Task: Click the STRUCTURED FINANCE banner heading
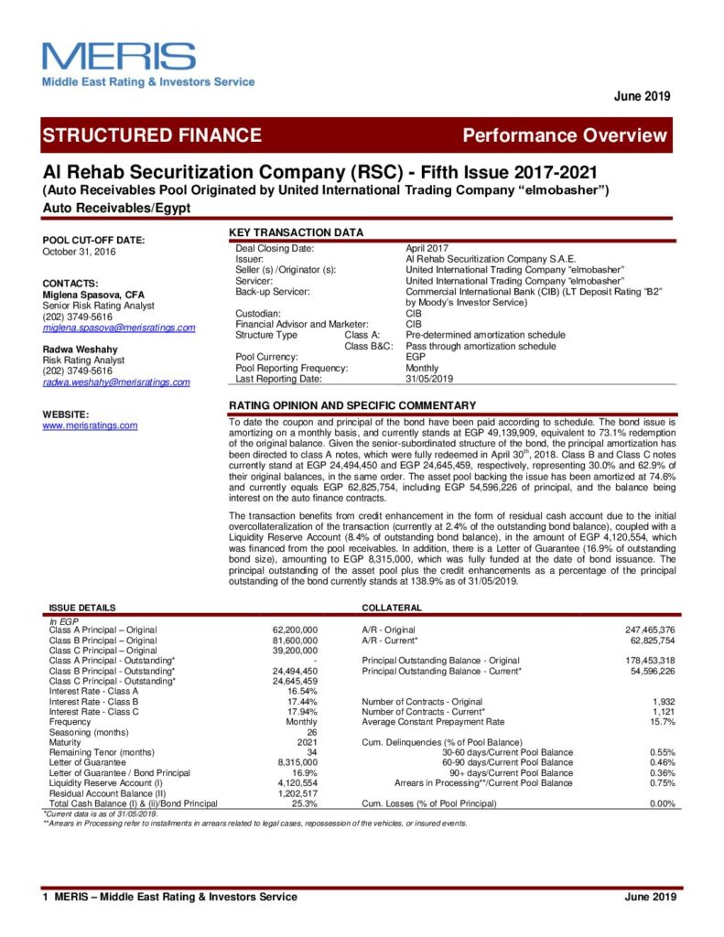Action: [152, 135]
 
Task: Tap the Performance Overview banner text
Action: [565, 135]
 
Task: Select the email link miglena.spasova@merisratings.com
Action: [119, 328]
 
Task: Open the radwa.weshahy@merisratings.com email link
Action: [116, 382]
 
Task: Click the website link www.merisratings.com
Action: [90, 425]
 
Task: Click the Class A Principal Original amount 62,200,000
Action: [296, 630]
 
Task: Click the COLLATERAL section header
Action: [392, 608]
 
